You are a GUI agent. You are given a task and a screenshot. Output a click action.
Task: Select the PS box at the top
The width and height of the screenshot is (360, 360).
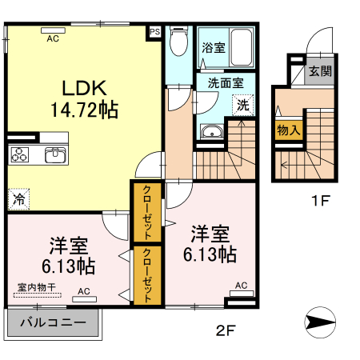154,33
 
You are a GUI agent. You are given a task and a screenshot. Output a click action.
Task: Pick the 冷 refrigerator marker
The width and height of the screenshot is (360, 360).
17,197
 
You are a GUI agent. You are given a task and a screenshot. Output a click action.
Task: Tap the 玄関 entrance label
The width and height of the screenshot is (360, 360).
321,71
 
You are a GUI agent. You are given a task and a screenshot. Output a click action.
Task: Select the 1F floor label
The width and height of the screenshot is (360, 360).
320,201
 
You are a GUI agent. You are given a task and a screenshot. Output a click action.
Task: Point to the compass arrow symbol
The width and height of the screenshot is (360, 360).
322,322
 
